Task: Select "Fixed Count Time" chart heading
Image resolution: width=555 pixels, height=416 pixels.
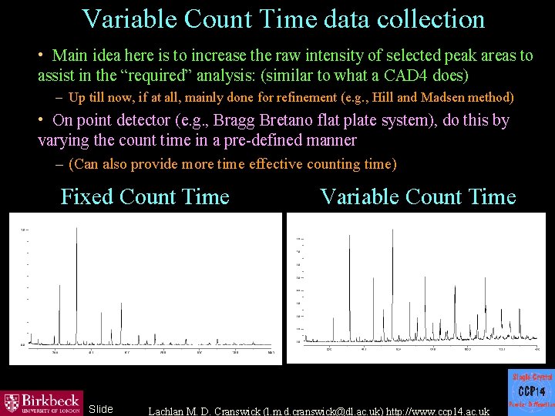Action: tap(145, 196)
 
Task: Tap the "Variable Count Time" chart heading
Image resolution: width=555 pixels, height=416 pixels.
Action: tap(418, 196)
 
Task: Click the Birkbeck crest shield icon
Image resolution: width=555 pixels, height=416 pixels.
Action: tap(12, 403)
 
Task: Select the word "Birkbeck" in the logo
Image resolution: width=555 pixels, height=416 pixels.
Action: tap(49, 399)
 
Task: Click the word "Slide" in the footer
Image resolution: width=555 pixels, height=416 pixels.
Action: tap(101, 409)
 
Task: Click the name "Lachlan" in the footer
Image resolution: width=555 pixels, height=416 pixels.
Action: tap(168, 411)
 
